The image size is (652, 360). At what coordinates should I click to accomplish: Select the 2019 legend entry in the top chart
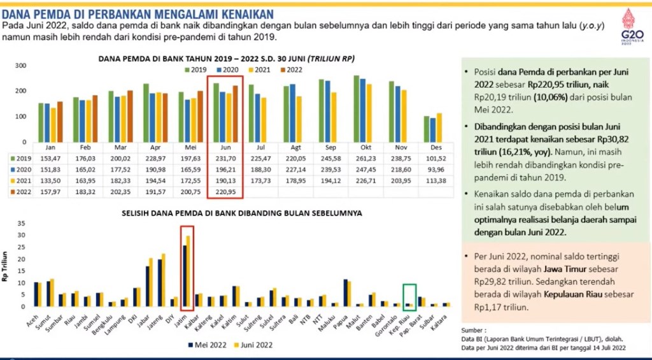click(x=195, y=69)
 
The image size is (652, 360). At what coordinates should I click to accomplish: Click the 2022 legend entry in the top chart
click(x=291, y=69)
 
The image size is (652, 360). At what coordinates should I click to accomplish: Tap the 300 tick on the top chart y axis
click(x=20, y=66)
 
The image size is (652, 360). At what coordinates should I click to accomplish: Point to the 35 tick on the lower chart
click(x=21, y=224)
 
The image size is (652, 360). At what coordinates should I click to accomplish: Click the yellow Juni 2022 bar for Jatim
click(x=188, y=271)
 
